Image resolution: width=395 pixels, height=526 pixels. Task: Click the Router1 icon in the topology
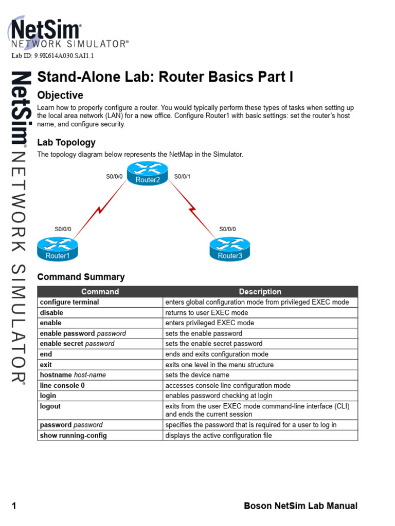(x=57, y=249)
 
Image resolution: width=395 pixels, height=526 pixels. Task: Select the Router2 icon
(x=148, y=173)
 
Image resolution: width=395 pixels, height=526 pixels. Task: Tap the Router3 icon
(x=229, y=249)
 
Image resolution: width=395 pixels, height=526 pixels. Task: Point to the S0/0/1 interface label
(x=183, y=177)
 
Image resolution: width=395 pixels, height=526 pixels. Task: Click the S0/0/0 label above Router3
(x=228, y=229)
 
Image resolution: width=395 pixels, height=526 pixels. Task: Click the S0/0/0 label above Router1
(x=63, y=229)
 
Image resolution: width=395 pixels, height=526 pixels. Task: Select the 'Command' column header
(x=100, y=292)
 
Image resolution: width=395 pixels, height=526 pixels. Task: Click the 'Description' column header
(x=260, y=292)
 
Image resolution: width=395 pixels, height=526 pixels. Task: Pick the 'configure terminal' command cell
(x=69, y=302)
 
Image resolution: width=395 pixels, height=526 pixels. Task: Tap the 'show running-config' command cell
(x=74, y=436)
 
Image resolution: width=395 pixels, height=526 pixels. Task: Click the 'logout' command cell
(x=50, y=406)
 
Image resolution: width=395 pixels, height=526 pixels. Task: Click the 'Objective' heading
(x=60, y=96)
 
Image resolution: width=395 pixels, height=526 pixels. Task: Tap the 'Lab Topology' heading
(x=66, y=142)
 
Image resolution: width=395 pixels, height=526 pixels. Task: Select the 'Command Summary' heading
(x=81, y=277)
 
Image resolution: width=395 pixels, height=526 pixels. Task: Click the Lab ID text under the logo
(x=52, y=56)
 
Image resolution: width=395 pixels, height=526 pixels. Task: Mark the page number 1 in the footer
(x=14, y=506)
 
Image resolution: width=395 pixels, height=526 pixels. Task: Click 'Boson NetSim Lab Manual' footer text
(x=300, y=506)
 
